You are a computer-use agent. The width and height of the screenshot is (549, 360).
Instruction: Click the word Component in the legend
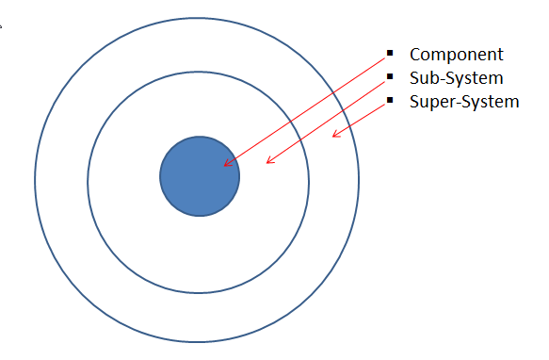coord(457,55)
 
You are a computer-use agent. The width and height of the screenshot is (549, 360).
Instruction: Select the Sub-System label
coord(457,77)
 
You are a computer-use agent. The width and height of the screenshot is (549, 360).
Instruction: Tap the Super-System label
coord(464,101)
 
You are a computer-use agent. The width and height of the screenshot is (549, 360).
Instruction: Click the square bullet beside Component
coord(390,54)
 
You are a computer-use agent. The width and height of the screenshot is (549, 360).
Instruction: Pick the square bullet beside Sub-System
coord(390,76)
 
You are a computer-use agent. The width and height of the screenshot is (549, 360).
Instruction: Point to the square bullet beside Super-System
coord(390,99)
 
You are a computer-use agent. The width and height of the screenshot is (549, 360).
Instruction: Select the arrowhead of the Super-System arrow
coord(333,138)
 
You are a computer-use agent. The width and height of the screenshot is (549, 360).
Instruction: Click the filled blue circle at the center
coord(199,176)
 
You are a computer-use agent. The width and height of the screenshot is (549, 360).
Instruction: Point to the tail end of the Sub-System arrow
coord(385,79)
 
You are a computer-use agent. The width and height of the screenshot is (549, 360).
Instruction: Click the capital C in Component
coord(415,55)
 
